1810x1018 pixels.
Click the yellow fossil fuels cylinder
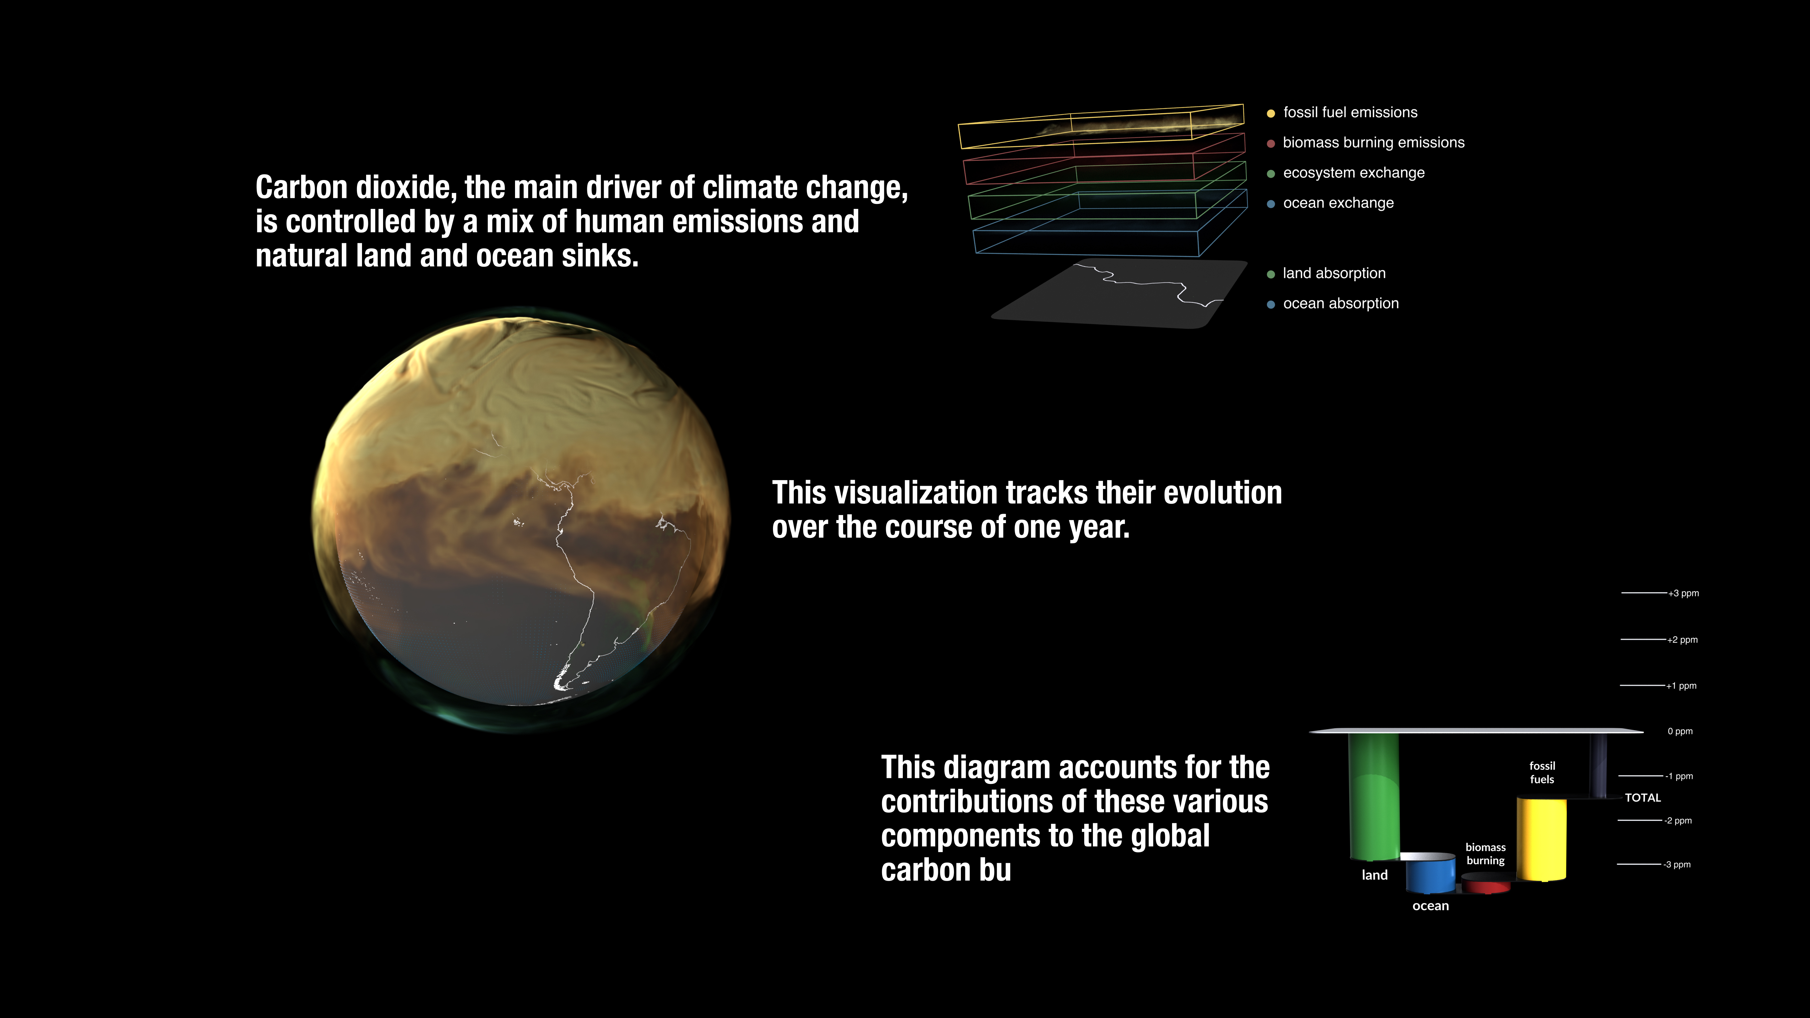tap(1542, 838)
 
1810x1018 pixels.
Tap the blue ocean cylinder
tap(1431, 873)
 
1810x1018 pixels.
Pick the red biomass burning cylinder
tap(1486, 883)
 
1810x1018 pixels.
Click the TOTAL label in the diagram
tap(1643, 797)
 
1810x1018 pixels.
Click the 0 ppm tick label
tap(1680, 731)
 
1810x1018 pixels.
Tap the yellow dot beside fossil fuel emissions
tap(1270, 113)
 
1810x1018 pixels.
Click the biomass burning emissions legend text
tap(1374, 143)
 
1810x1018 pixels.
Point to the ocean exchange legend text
tap(1339, 203)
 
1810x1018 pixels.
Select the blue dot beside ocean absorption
tap(1270, 304)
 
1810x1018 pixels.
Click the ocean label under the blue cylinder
tap(1431, 906)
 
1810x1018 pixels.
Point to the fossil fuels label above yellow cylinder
tap(1542, 772)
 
